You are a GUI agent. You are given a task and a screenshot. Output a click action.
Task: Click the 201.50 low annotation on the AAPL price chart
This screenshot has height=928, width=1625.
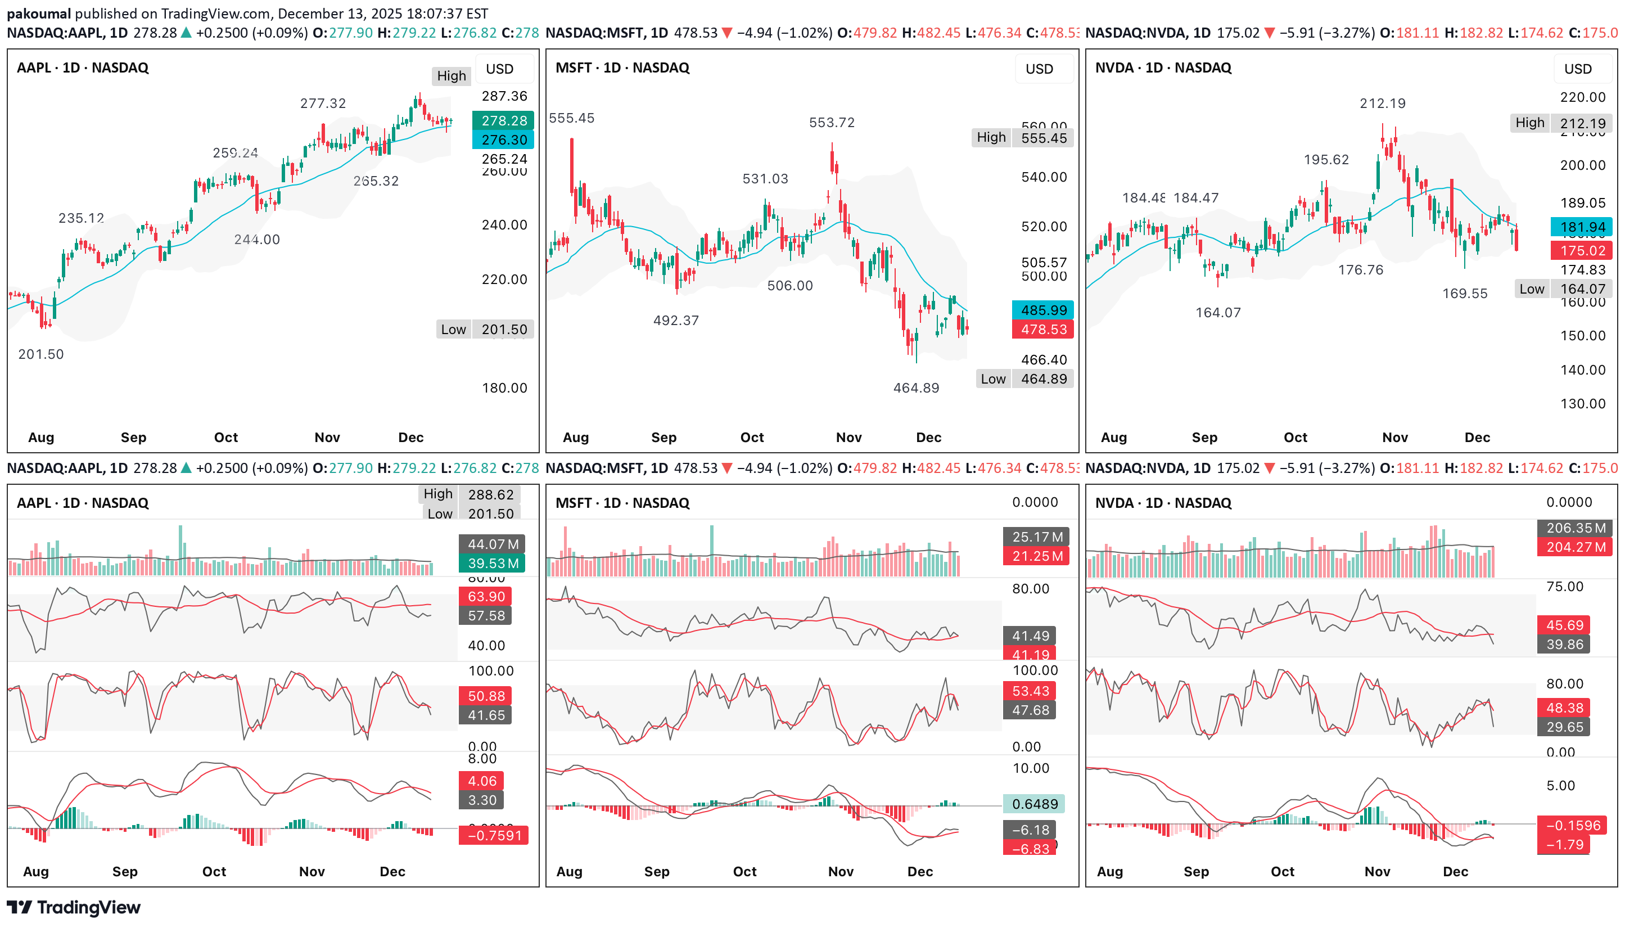41,354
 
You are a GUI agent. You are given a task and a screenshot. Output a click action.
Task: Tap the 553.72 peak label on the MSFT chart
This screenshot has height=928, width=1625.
831,123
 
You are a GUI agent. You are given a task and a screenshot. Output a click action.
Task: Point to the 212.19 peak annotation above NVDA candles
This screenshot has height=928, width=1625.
1382,103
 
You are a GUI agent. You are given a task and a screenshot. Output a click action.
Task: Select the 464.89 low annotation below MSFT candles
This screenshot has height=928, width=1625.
915,388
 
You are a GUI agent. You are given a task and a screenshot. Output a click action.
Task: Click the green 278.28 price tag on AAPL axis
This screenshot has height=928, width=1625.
503,120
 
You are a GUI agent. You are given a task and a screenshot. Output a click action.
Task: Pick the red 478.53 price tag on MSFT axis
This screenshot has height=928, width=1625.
1043,330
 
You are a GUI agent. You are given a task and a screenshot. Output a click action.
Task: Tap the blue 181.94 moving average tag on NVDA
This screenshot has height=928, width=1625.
1582,227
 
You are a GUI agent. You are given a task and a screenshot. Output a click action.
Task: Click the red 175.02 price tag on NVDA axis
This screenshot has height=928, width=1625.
1582,250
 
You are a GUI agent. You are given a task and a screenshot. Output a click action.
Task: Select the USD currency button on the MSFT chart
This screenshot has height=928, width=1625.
1039,69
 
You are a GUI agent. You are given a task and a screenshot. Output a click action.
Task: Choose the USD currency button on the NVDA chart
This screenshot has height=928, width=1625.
1577,69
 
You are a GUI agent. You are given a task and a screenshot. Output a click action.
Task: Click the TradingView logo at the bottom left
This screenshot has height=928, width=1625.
74,907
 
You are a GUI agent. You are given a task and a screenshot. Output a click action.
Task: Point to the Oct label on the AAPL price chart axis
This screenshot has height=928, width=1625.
225,437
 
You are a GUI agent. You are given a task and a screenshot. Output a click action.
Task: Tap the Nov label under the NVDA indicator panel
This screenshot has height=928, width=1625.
1376,871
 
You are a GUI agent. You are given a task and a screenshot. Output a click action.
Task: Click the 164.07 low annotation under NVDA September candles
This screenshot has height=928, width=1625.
1217,313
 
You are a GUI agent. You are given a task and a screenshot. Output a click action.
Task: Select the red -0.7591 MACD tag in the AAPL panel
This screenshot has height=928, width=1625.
494,836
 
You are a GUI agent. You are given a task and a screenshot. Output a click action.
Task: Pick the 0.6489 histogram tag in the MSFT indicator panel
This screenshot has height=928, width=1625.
1035,804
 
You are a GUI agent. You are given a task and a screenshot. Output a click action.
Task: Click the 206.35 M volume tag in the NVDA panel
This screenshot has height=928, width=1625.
1576,528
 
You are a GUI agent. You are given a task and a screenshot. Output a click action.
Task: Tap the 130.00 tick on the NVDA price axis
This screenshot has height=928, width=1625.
1582,403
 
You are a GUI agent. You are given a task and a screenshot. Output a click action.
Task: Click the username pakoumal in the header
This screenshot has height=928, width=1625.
38,13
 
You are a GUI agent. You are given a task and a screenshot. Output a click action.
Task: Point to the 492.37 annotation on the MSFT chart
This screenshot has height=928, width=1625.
675,321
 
